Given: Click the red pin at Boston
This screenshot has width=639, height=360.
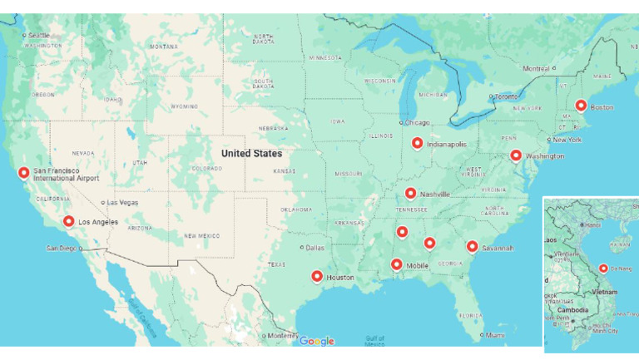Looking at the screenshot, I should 581,106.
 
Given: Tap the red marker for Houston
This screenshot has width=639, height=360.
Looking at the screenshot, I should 316,276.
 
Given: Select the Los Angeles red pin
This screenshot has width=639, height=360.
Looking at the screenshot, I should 68,221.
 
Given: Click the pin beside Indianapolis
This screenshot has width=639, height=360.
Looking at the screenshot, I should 417,143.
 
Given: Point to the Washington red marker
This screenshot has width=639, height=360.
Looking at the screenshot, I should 516,155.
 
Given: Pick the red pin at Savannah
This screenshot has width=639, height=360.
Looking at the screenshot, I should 472,246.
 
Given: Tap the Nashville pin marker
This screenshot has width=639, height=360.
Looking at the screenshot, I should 410,193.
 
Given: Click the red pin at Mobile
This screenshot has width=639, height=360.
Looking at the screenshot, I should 396,264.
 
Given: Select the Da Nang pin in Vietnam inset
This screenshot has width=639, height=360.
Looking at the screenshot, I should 603,268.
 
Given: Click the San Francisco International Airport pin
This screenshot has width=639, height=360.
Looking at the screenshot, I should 23,173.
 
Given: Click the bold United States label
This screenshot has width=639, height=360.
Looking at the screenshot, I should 251,153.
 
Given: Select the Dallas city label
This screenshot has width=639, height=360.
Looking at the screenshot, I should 315,247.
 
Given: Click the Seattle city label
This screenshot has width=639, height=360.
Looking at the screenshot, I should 38,35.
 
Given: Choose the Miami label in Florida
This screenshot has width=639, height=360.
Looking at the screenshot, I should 495,335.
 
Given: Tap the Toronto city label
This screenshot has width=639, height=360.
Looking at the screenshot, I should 506,96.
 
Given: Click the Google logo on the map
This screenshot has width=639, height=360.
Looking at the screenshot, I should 317,341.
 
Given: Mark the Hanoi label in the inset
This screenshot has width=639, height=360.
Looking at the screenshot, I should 592,224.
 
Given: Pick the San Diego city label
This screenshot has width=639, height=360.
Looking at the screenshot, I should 62,248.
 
